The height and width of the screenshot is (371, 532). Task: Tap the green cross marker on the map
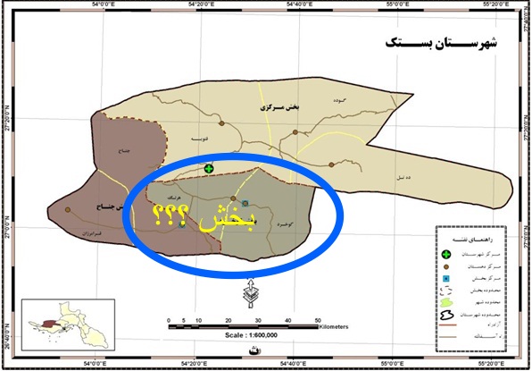click(x=209, y=168)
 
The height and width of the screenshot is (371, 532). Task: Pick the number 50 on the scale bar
click(x=318, y=318)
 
